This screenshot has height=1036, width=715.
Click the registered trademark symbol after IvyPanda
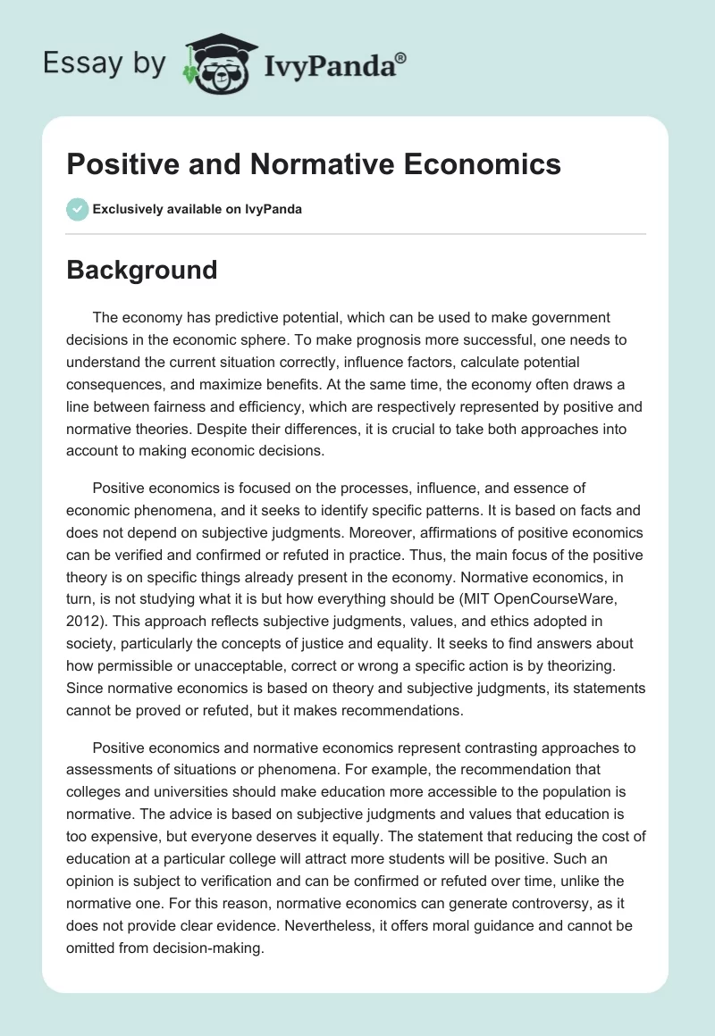click(401, 59)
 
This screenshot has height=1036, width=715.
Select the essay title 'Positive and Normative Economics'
click(314, 164)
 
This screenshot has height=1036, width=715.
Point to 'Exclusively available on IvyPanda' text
click(197, 209)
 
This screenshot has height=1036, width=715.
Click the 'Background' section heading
click(142, 270)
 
